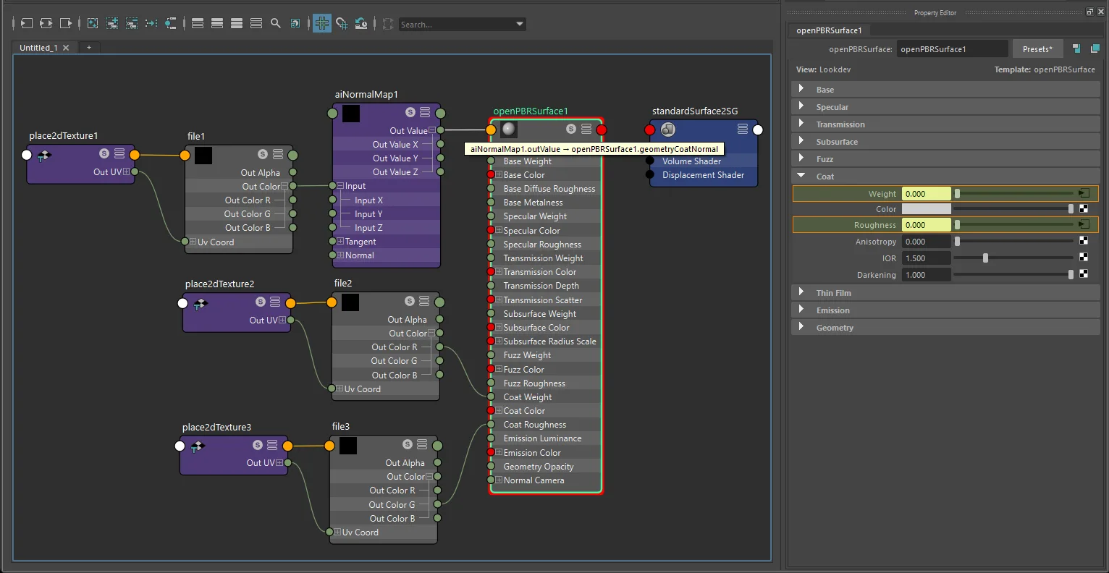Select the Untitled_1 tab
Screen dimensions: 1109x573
(x=38, y=48)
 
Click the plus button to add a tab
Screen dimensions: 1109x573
(x=89, y=48)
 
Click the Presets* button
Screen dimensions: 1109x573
(x=1037, y=49)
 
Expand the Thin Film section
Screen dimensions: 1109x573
(x=833, y=293)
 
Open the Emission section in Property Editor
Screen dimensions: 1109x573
(x=832, y=310)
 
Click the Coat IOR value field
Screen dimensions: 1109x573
(x=926, y=258)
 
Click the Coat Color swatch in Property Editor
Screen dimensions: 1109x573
(x=926, y=209)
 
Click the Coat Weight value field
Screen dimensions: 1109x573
(x=926, y=194)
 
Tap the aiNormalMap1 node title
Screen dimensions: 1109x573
(x=366, y=95)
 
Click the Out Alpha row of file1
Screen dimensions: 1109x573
(x=260, y=173)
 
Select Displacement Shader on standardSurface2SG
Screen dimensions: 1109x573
(x=703, y=175)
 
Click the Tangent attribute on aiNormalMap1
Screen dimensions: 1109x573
(x=360, y=242)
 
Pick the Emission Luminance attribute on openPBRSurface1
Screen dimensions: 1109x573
(x=542, y=438)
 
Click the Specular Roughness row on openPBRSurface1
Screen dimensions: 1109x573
(x=542, y=245)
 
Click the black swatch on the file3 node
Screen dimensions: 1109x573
(x=348, y=446)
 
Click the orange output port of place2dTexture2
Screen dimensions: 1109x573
(x=290, y=303)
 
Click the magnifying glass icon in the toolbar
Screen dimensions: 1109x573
(x=275, y=23)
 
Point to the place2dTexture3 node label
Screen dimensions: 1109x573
(x=216, y=427)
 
